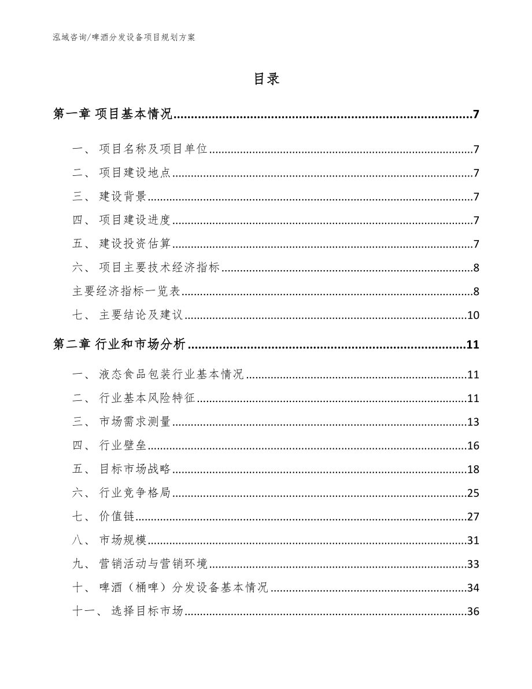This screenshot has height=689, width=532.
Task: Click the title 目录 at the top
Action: [266, 79]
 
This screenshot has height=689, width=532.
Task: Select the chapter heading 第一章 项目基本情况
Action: [112, 114]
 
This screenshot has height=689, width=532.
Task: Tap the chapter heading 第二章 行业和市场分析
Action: [119, 345]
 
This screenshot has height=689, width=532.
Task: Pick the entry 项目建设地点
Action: [135, 173]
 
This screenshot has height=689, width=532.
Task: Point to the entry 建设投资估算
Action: [135, 244]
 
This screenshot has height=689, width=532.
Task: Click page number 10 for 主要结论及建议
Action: [473, 315]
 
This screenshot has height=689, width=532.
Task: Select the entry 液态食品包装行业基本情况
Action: [172, 375]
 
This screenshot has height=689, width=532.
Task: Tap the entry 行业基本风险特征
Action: [148, 399]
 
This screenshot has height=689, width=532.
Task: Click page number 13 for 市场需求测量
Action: [473, 422]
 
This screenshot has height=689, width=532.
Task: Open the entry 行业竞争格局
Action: [135, 493]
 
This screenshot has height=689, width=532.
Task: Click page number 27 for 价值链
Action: [473, 517]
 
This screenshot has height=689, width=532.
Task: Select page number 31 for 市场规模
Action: [473, 540]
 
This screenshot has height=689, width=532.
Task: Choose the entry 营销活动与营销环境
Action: [153, 564]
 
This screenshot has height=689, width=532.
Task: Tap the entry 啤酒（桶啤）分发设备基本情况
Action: [184, 588]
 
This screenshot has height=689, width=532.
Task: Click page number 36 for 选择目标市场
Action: [473, 611]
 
